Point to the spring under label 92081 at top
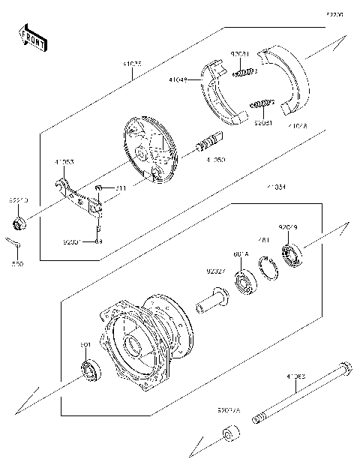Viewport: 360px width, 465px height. pos(244,72)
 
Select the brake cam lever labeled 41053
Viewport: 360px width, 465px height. pos(78,193)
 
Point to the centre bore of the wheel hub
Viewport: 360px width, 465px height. pos(133,346)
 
